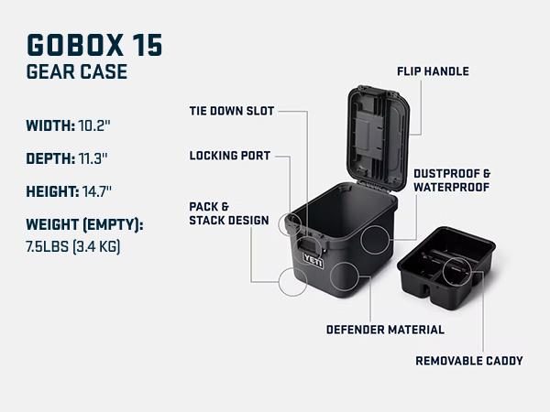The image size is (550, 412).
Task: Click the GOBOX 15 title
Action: (94, 45)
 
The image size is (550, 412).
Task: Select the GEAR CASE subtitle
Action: (77, 71)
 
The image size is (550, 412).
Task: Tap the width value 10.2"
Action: (94, 125)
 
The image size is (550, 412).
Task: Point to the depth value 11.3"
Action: (93, 158)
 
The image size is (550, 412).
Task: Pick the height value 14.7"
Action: (97, 191)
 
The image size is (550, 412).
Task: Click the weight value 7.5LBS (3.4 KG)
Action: (73, 246)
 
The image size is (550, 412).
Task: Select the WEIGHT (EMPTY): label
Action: (84, 224)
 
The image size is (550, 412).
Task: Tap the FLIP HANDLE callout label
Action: (433, 71)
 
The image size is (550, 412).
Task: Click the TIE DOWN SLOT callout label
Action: (232, 111)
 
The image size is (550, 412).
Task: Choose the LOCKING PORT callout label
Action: (230, 156)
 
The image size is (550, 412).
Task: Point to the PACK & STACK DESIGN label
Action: (229, 213)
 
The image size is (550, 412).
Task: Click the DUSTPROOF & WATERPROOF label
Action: (452, 180)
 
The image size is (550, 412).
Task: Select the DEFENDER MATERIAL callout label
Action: (385, 330)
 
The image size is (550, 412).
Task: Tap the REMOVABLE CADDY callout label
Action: (469, 361)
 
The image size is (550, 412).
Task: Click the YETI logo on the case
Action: (313, 261)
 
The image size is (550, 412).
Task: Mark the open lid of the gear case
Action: (379, 138)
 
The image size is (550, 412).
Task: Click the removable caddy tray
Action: (446, 267)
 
